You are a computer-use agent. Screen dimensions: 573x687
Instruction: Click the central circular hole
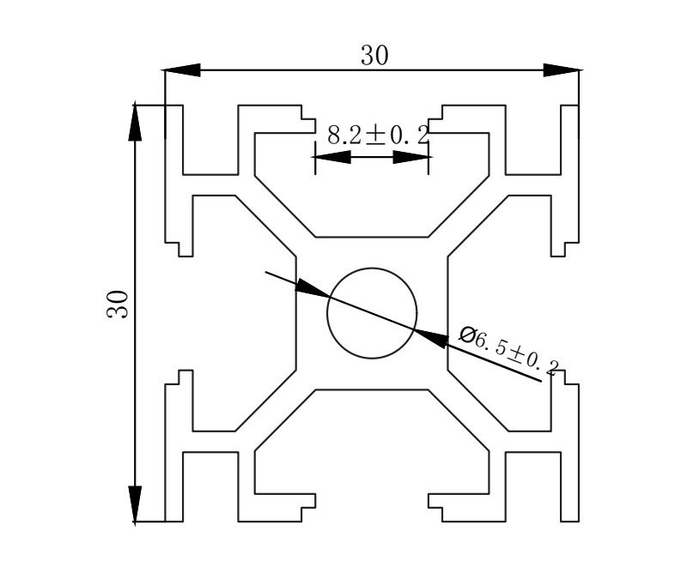372,312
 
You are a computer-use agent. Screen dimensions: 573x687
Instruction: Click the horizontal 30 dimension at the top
374,56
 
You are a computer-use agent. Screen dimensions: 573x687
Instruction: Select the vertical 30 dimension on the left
118,305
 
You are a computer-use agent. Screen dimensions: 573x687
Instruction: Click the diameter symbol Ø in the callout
468,335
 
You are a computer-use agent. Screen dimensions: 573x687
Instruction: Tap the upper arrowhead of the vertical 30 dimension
136,121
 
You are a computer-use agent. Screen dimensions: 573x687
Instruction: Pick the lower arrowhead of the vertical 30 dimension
136,504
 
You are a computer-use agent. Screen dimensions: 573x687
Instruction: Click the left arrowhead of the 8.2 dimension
333,157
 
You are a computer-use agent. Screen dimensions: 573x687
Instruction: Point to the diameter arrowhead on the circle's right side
432,337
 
